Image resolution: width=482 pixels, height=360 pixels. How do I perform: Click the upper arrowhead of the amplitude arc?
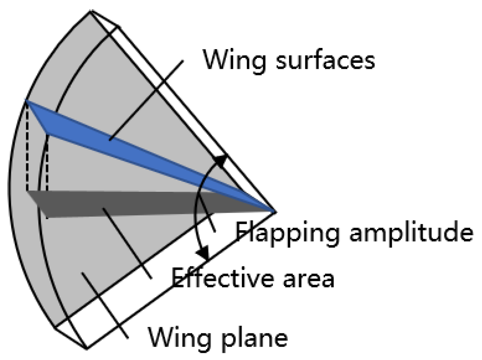221,160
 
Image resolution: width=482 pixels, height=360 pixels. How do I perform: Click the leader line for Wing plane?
105,304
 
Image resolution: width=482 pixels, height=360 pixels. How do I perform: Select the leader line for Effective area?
128,244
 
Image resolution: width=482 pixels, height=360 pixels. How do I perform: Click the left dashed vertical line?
27,148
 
